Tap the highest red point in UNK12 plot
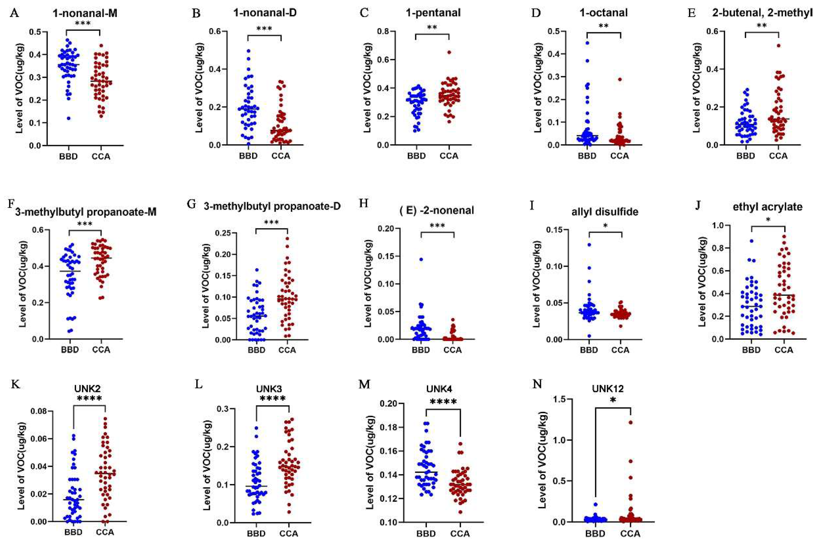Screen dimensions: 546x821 point(631,423)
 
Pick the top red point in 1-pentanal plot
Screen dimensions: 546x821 point(449,52)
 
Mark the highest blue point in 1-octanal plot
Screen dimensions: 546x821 point(587,43)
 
